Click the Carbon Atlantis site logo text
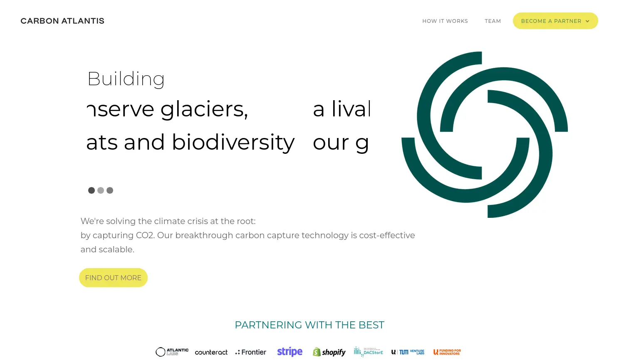(x=62, y=21)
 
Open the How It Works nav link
(x=445, y=21)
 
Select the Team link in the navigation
(x=493, y=21)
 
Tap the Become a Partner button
(x=551, y=21)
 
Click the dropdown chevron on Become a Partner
(x=587, y=21)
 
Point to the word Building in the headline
(x=126, y=79)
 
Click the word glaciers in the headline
(x=204, y=110)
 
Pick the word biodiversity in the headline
(x=233, y=142)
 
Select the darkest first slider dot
(x=92, y=190)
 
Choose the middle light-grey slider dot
(x=101, y=190)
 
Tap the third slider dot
(x=110, y=190)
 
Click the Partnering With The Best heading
(x=310, y=325)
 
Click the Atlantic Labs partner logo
(x=172, y=352)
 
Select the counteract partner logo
(x=211, y=353)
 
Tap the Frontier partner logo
(x=251, y=352)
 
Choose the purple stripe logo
(x=290, y=352)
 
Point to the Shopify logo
(x=329, y=352)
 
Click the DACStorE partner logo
(x=368, y=352)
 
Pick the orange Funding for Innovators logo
(x=447, y=352)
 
